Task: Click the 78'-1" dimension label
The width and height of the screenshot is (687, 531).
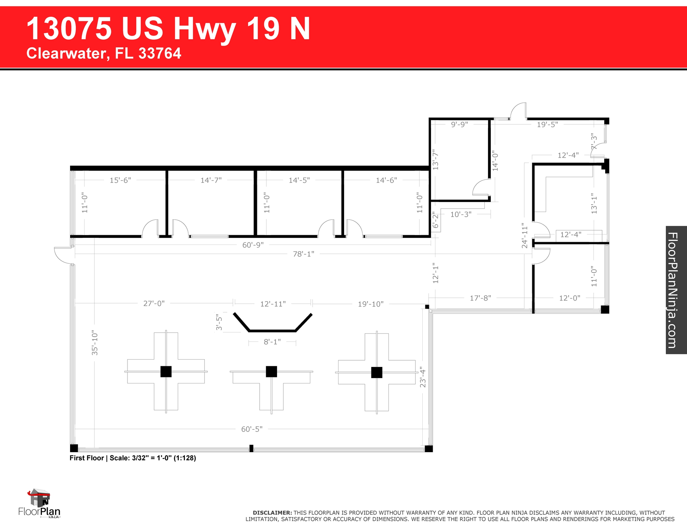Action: (x=304, y=254)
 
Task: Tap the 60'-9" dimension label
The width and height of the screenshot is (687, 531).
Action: (x=253, y=245)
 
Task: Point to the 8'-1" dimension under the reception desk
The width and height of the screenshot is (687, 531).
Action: (x=272, y=342)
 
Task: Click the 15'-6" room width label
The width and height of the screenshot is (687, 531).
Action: (x=120, y=180)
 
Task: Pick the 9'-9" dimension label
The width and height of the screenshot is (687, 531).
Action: (x=459, y=124)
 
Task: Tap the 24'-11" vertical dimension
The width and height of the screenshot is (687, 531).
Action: (x=525, y=235)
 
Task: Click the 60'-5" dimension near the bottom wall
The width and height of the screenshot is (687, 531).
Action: (x=252, y=429)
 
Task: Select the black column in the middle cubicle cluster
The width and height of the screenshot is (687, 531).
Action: (x=271, y=371)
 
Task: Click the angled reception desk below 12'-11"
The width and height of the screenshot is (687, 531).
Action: (x=272, y=330)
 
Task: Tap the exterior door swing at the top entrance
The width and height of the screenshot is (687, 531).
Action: (x=518, y=112)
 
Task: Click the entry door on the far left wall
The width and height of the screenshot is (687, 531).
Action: (x=63, y=255)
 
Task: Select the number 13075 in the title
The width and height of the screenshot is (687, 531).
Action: (x=69, y=29)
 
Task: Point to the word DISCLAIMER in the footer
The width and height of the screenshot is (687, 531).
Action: (x=272, y=513)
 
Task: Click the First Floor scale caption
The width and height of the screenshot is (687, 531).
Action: (x=133, y=458)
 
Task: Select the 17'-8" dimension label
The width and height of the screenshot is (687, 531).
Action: (x=480, y=298)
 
